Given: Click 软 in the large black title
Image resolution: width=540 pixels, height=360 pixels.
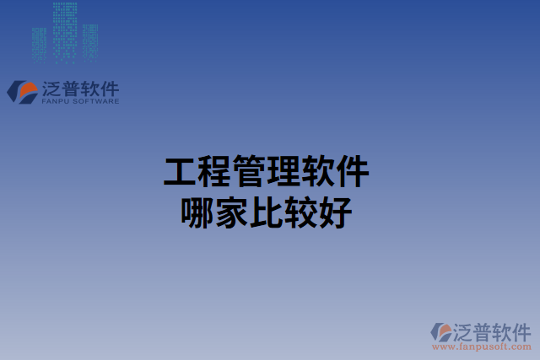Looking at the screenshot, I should pos(318,171).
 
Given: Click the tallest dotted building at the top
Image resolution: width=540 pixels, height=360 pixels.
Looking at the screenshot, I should pos(64,32).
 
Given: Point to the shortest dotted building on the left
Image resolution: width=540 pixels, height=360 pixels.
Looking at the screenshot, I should pos(40,44).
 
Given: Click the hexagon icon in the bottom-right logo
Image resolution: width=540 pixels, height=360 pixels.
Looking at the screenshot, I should pos(440,330).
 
